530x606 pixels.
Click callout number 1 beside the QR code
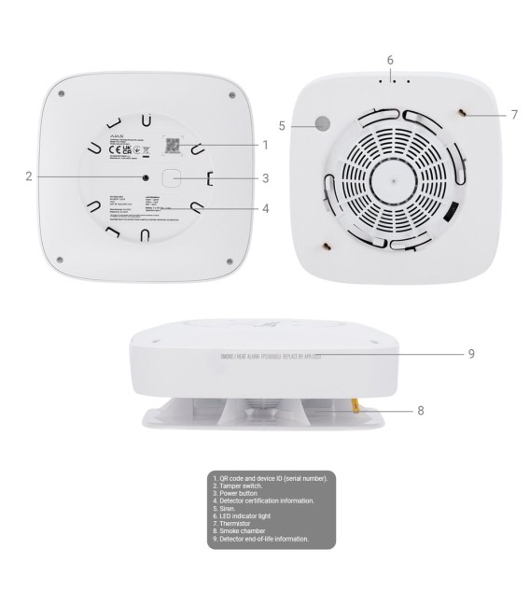[x=266, y=145]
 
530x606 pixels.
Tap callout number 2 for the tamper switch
[x=30, y=176]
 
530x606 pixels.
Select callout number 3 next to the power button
[x=266, y=177]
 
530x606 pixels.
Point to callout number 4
[x=266, y=208]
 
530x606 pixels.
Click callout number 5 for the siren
[x=282, y=123]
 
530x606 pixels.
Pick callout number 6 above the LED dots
[x=390, y=61]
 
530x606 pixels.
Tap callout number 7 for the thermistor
[x=513, y=114]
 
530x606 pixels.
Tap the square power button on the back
[x=172, y=177]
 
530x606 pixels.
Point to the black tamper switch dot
[x=145, y=176]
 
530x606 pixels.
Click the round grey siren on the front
[x=323, y=123]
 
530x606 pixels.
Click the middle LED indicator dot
[x=394, y=80]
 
